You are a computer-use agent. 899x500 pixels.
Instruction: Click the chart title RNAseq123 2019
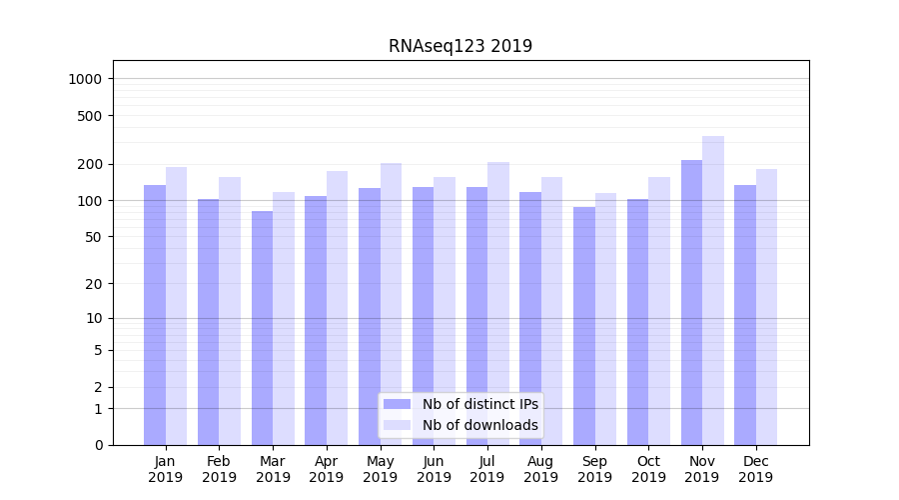tap(460, 46)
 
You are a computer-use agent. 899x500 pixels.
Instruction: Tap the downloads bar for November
tap(713, 290)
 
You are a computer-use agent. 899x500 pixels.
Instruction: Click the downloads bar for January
tap(176, 306)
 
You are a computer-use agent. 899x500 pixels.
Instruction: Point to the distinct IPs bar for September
tap(584, 326)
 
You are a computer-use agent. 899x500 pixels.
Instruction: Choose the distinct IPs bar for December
tap(745, 315)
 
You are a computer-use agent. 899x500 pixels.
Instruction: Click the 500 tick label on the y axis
tap(91, 116)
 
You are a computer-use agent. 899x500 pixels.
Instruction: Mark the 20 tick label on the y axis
tap(95, 284)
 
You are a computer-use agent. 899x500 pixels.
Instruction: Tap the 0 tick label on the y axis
tap(98, 445)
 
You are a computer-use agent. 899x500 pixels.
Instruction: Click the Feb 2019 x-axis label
tap(219, 469)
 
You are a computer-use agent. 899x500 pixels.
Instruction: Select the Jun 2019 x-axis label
tap(434, 469)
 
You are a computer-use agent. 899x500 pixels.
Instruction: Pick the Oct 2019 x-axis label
tap(648, 469)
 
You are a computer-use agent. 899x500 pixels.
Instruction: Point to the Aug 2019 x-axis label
tap(541, 469)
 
